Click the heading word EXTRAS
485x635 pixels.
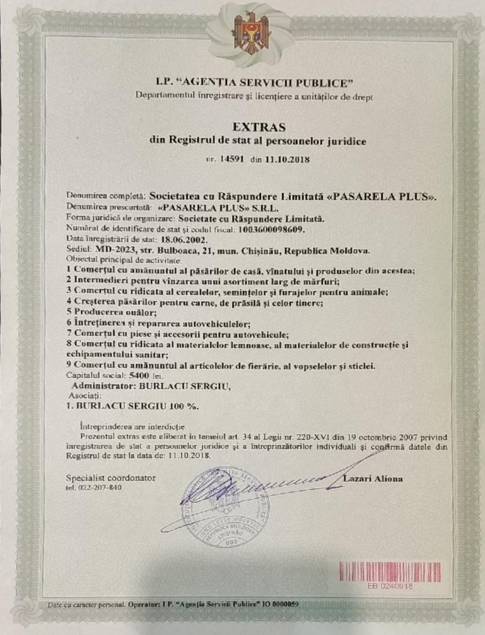259,127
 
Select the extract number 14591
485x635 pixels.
232,159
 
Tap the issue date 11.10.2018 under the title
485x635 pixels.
287,159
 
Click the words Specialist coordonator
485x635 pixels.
111,478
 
